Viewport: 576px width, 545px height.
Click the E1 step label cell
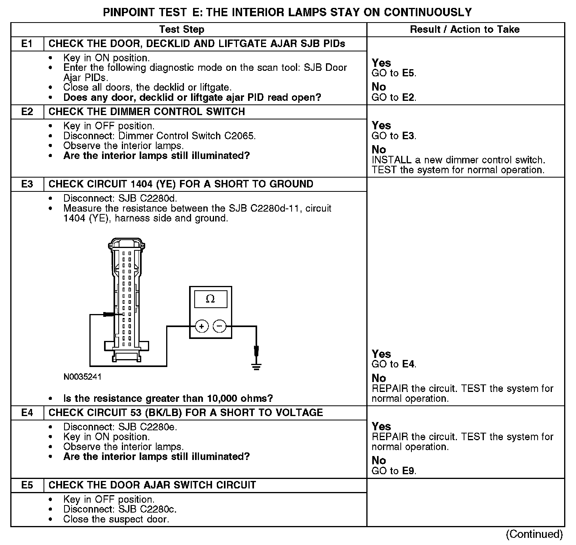27,44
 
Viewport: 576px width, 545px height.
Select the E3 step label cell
27,184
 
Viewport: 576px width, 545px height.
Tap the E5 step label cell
27,485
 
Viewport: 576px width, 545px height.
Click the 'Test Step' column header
182,30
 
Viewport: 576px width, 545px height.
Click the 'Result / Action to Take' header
465,30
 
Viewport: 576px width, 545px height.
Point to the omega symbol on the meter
210,299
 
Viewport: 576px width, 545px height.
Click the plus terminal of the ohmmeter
202,326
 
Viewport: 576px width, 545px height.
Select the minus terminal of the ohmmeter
220,326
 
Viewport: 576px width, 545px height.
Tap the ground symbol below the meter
257,366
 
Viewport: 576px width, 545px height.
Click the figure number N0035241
82,377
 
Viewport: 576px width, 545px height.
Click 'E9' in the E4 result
409,471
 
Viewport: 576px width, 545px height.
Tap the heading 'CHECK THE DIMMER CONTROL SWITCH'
147,112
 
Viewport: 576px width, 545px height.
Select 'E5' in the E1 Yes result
409,74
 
